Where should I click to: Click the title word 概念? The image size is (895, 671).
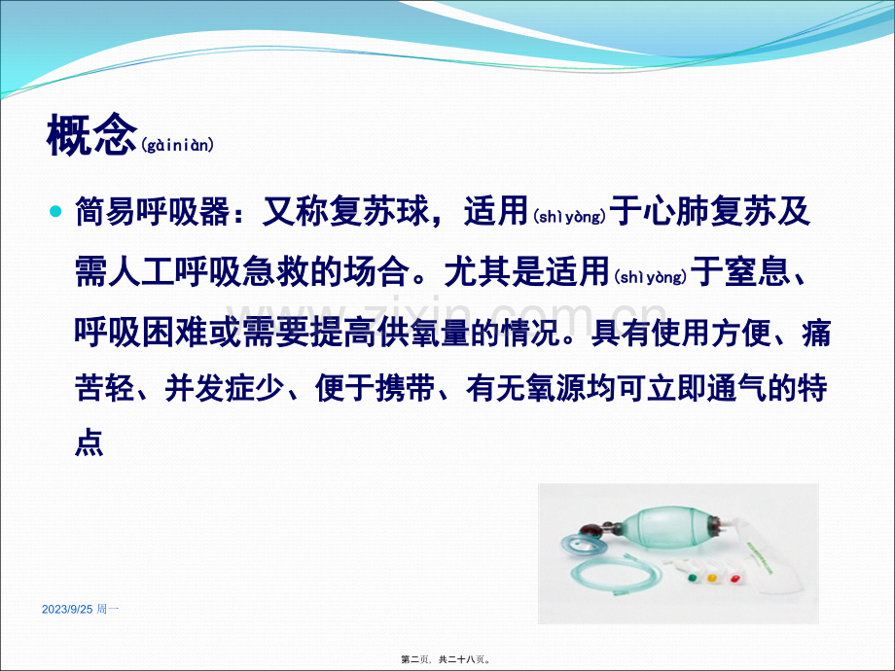tap(91, 135)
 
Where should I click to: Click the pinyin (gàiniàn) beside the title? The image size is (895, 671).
tap(177, 145)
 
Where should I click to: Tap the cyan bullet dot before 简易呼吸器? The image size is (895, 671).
tap(55, 212)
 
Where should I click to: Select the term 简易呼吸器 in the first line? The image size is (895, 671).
tap(153, 212)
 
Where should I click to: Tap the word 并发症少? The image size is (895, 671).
tap(225, 389)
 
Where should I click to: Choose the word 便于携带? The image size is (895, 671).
tap(375, 389)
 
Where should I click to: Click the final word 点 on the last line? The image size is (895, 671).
tap(89, 442)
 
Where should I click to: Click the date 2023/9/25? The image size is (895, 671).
tap(67, 610)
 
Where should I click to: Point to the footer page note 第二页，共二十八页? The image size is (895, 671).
tap(446, 659)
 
